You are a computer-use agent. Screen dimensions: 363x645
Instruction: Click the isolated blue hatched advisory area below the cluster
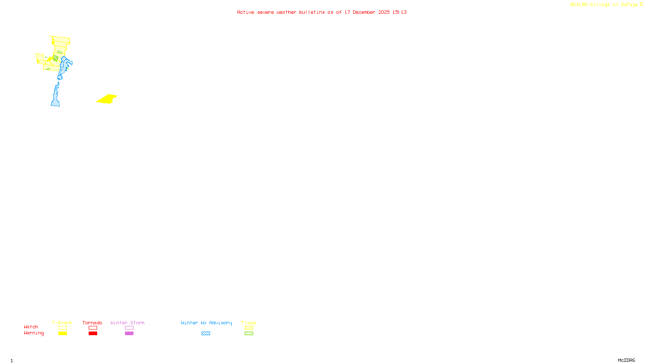click(x=56, y=97)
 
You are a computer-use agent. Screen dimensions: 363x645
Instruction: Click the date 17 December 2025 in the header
click(x=367, y=13)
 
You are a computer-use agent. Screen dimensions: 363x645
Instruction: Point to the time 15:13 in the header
click(x=399, y=13)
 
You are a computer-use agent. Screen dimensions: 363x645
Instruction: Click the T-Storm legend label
click(x=62, y=323)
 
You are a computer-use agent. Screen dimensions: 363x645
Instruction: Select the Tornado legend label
click(x=92, y=323)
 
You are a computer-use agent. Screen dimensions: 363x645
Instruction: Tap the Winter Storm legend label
click(x=127, y=323)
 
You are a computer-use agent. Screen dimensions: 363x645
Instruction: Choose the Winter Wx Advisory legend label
click(x=206, y=323)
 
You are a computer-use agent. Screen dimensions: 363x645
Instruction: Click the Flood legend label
click(x=249, y=323)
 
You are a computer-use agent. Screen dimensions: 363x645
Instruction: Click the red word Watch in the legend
click(x=31, y=327)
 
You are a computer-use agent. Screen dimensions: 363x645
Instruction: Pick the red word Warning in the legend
click(x=33, y=333)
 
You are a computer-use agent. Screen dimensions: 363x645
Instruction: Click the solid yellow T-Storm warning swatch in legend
click(x=62, y=334)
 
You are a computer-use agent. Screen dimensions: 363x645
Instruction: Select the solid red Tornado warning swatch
click(x=93, y=334)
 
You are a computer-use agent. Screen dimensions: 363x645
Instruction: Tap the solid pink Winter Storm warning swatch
click(x=129, y=334)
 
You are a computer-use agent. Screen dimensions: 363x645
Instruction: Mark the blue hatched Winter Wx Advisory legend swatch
click(x=206, y=334)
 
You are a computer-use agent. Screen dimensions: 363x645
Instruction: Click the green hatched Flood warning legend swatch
click(x=249, y=334)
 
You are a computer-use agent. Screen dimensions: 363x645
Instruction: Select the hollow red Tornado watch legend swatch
click(x=93, y=328)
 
